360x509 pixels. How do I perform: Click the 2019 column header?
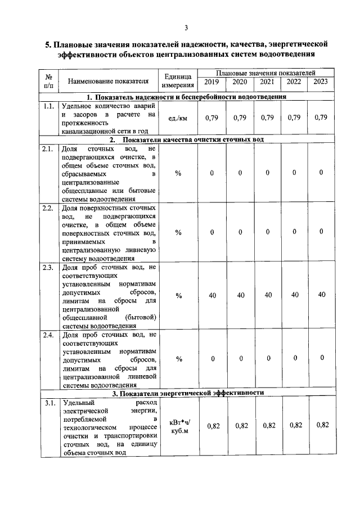(x=211, y=82)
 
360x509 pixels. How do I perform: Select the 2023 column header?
(x=321, y=82)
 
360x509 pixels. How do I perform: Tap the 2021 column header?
(x=267, y=82)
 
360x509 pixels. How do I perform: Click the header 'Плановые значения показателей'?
(x=265, y=73)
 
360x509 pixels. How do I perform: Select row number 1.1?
(x=48, y=106)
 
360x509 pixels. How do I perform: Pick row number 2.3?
(x=48, y=267)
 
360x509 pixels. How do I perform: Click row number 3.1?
(x=48, y=403)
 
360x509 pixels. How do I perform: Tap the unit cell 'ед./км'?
(x=178, y=119)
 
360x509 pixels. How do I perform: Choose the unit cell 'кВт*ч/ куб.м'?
(x=178, y=426)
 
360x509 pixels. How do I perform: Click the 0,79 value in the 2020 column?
(x=240, y=118)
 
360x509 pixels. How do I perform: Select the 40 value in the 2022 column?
(x=294, y=295)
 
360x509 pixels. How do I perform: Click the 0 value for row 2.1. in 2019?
(x=212, y=173)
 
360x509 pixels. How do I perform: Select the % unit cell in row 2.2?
(x=178, y=232)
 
